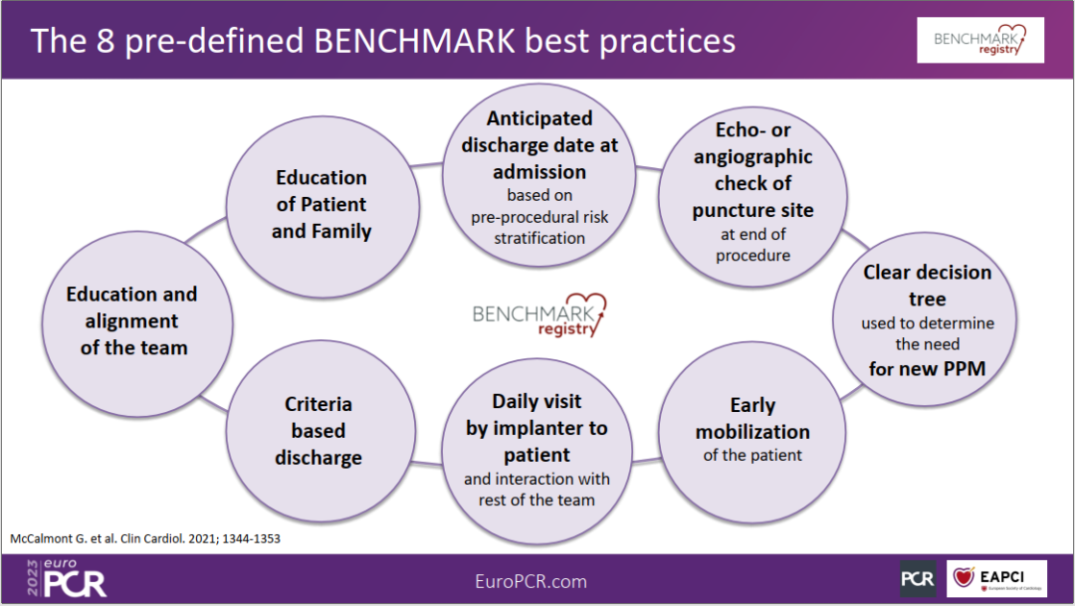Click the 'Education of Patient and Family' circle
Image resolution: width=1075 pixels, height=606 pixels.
point(322,206)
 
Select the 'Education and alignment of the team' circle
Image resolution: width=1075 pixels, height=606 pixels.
point(137,323)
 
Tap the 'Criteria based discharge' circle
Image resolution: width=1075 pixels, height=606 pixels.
point(321,431)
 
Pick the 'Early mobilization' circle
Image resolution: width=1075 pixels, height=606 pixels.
point(752,433)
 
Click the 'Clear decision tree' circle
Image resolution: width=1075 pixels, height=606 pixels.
point(925,319)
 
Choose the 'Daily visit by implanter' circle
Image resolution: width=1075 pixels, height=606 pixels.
point(537,451)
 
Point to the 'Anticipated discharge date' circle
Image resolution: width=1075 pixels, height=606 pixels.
point(539,175)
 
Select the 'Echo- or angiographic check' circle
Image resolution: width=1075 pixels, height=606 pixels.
point(752,196)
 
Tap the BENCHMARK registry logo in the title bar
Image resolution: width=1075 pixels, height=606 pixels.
point(980,41)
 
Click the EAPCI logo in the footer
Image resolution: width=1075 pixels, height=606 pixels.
point(996,579)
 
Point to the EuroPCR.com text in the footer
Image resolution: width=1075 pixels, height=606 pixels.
point(531,581)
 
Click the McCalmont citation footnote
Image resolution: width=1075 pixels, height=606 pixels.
point(145,538)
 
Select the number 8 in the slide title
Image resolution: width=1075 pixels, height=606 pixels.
point(106,41)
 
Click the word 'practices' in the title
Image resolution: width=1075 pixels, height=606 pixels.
point(667,41)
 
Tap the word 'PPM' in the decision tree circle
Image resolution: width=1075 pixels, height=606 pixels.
point(964,369)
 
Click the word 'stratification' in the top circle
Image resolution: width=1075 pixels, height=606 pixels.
point(539,239)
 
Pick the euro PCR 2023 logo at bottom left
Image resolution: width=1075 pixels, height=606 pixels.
point(67,578)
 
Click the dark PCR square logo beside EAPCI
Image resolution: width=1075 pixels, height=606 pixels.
point(918,579)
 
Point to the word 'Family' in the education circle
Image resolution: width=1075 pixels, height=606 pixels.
point(340,232)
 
